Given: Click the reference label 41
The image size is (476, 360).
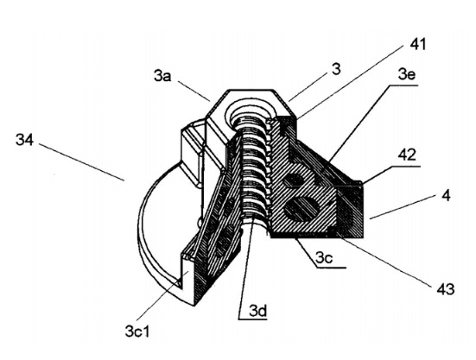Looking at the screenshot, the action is (x=418, y=44).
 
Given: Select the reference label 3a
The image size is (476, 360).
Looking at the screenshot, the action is (x=162, y=76).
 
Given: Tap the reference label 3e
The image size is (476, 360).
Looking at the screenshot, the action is (x=407, y=74).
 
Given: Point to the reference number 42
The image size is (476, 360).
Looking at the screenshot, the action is (x=408, y=155).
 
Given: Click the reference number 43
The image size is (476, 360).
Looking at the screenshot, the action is (x=446, y=289).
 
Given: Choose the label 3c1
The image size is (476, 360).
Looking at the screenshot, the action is (x=137, y=332).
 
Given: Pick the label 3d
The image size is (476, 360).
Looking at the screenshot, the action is (x=258, y=311).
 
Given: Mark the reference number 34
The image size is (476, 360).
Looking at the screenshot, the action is (x=24, y=140).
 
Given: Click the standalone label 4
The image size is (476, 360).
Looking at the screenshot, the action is (x=446, y=196).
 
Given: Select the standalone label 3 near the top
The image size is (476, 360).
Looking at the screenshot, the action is (x=336, y=69).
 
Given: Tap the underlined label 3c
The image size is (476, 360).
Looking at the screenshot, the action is (x=324, y=258).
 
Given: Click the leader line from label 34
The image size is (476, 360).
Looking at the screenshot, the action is (x=82, y=162).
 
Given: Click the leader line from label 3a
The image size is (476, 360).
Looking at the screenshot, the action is (x=194, y=91).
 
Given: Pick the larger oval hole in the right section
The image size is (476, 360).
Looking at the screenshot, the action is (x=301, y=208).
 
